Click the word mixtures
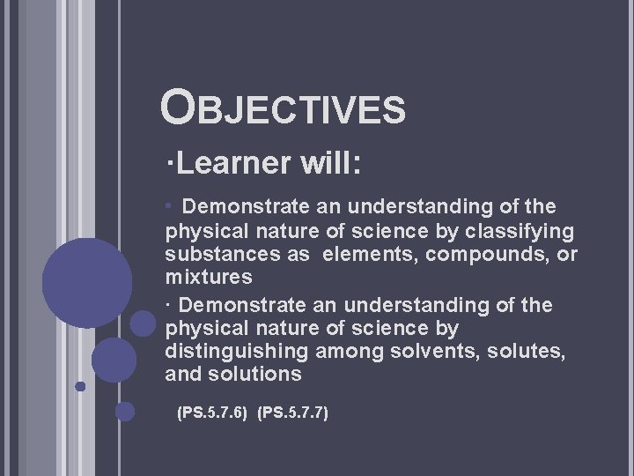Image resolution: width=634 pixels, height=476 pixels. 208,278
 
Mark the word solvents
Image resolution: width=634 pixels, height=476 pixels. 423,352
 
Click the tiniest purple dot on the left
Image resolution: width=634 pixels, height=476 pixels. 80,386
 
